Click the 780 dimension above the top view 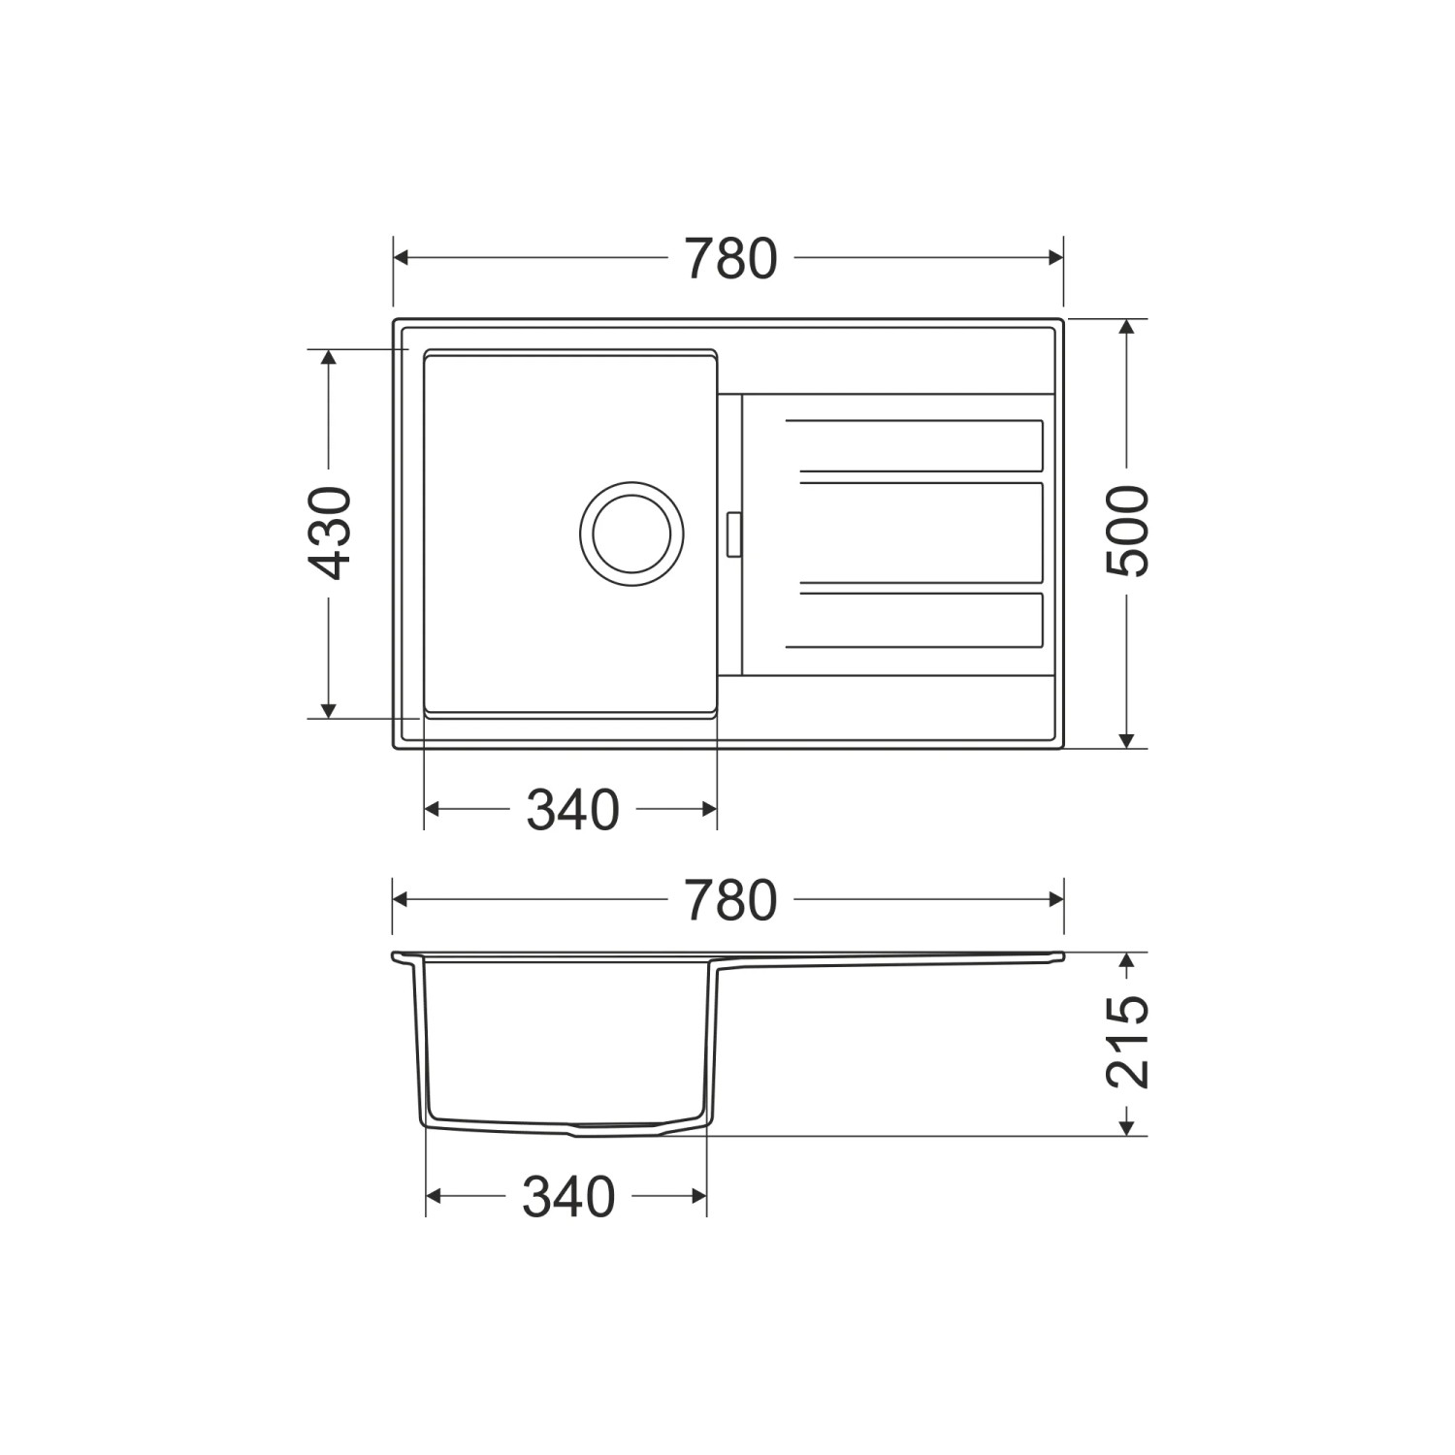(x=730, y=259)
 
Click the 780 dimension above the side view (x=730, y=900)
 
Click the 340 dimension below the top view (x=572, y=810)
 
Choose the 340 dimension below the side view (x=568, y=1197)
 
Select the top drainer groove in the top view (x=914, y=446)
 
